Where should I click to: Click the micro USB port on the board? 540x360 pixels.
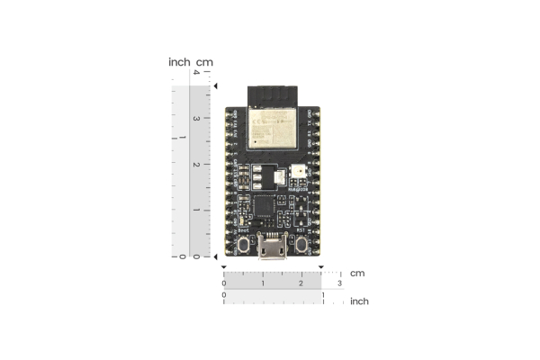point(271,247)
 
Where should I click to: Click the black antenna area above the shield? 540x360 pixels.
point(272,94)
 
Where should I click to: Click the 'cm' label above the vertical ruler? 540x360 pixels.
point(205,62)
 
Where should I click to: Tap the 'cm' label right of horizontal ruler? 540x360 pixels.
point(357,273)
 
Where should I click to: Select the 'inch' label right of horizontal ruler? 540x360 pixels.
point(359,301)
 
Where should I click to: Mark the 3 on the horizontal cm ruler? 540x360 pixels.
point(339,283)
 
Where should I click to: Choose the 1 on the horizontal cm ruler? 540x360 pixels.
point(263,283)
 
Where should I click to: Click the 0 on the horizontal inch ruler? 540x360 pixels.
point(224,295)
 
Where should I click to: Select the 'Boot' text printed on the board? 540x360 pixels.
point(243,230)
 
